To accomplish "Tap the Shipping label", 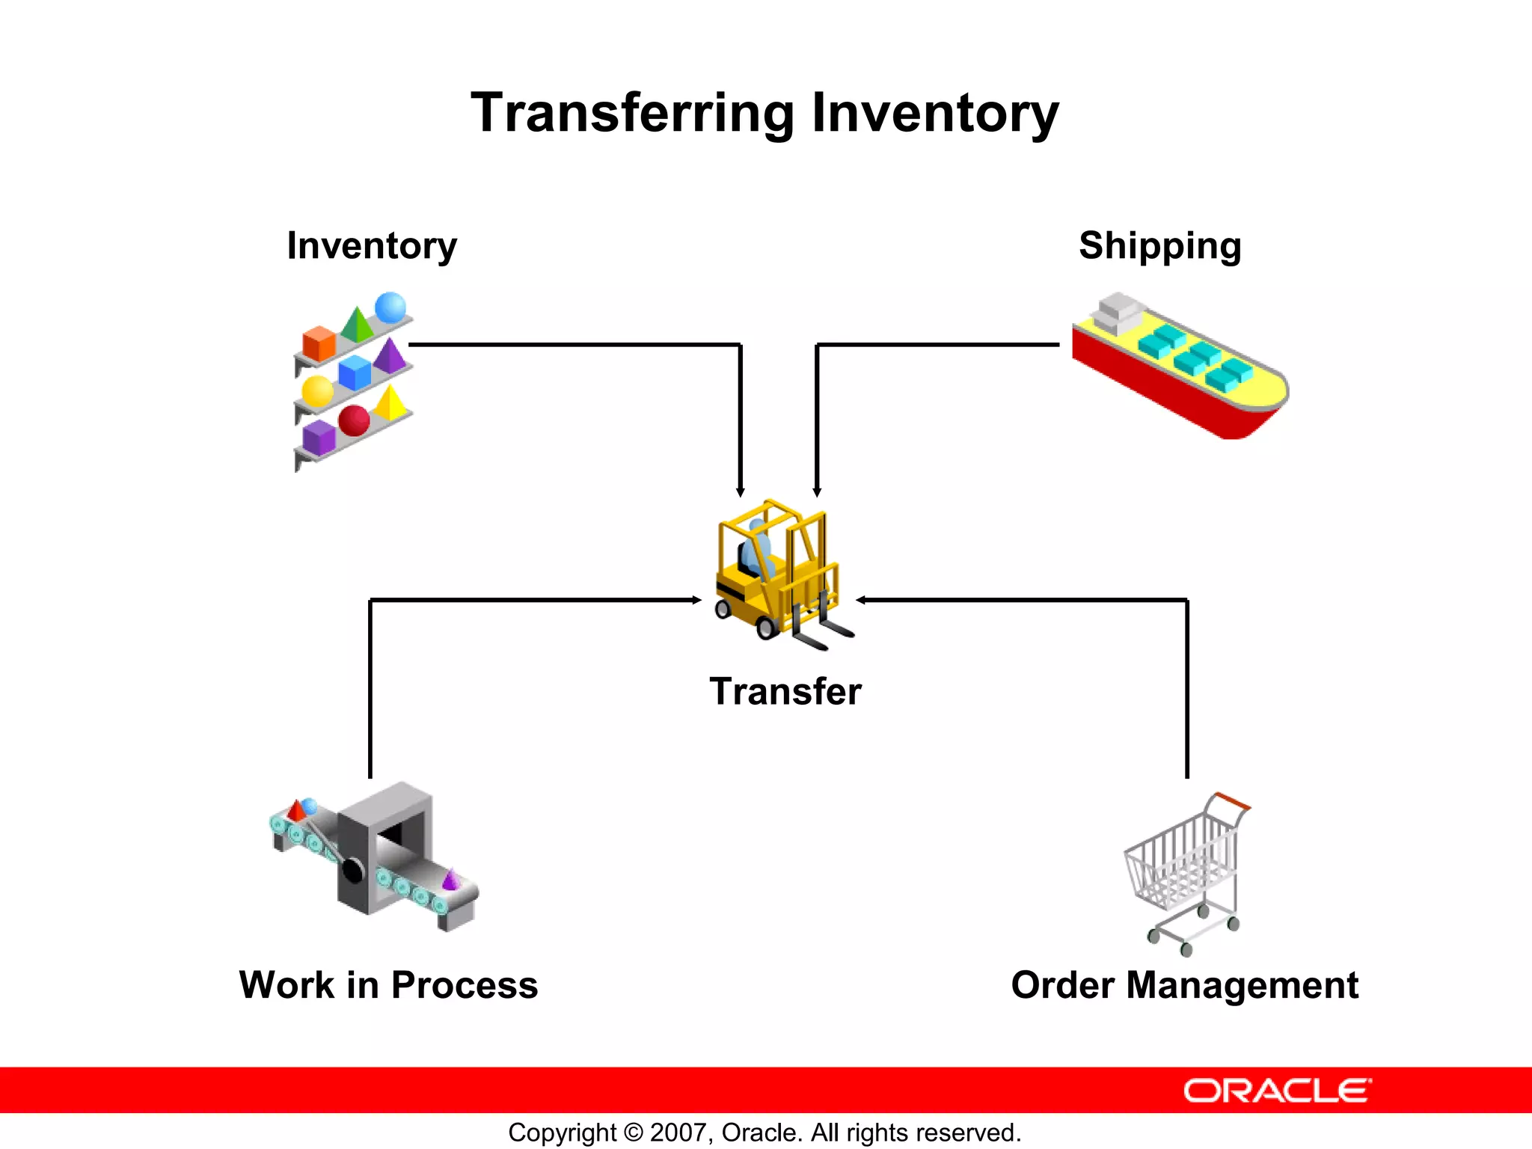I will pos(1159,245).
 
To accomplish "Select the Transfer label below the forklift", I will pos(785,690).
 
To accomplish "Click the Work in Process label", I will pos(388,984).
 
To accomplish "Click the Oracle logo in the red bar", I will pos(1277,1091).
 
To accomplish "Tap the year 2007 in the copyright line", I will pos(675,1133).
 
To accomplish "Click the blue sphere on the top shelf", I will pos(390,307).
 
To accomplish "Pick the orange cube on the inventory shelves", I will pos(319,343).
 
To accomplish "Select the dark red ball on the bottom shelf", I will pos(354,420).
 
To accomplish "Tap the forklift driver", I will pos(756,550).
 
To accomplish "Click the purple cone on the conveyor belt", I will pos(451,880).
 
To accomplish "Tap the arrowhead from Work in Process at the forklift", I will pos(696,600).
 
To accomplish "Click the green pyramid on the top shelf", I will pos(357,324).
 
